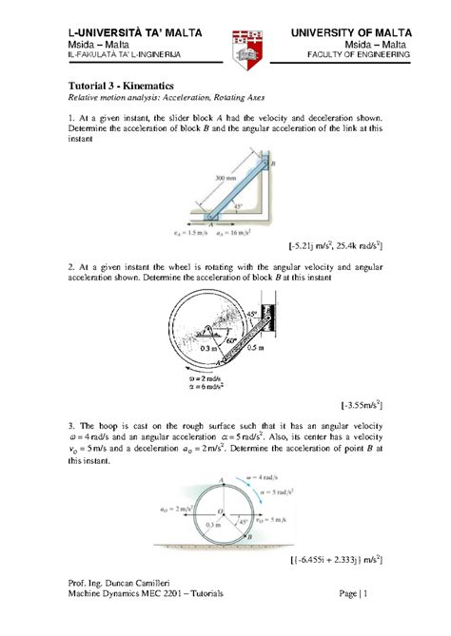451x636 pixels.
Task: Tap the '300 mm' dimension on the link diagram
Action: click(x=226, y=178)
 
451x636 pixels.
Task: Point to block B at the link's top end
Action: click(x=272, y=164)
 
